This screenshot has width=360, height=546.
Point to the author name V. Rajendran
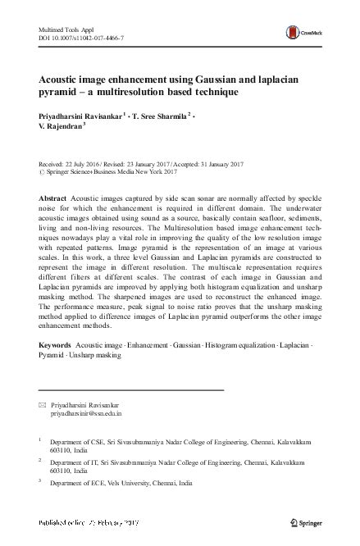click(63, 126)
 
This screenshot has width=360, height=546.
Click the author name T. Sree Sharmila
click(169, 116)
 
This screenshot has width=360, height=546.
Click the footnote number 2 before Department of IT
click(40, 461)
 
